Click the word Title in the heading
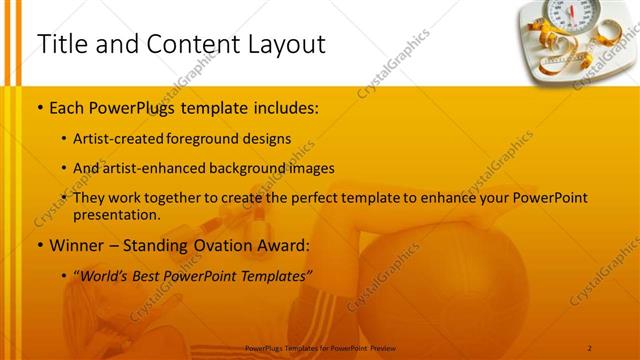click(63, 44)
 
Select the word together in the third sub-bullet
click(174, 199)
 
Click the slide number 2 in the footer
click(590, 348)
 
